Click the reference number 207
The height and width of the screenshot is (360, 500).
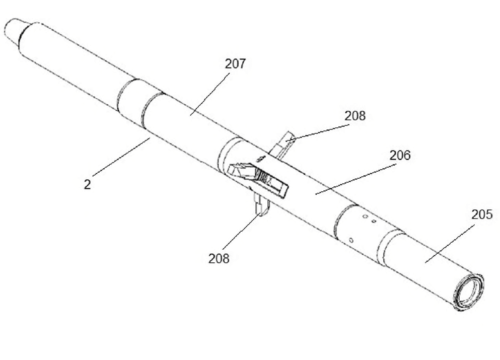[235, 64]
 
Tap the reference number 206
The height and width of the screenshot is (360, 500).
[400, 155]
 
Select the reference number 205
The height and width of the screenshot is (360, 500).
[482, 214]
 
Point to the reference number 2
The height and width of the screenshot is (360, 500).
[88, 184]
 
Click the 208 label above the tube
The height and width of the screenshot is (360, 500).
[355, 116]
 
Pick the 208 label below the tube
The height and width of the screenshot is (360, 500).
[219, 258]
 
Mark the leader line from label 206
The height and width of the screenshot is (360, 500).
[356, 179]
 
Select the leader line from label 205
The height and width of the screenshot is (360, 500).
[450, 243]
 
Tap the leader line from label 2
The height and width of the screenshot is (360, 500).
[121, 156]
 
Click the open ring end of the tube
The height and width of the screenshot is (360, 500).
[468, 292]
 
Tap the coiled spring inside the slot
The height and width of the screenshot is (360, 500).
[263, 176]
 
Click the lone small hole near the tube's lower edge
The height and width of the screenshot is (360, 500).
[351, 240]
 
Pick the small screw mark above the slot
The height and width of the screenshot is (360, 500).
[261, 158]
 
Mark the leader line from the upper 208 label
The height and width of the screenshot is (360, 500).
[318, 132]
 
